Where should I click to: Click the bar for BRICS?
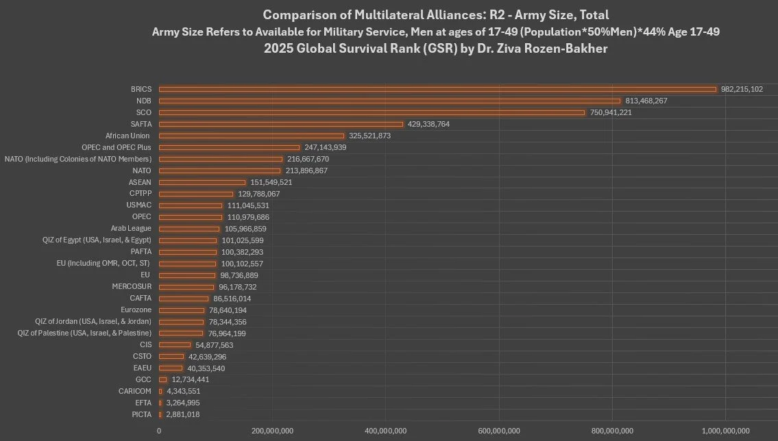point(437,89)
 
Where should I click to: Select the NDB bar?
point(389,101)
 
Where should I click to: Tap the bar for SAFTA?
point(281,124)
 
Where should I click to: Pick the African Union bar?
point(252,136)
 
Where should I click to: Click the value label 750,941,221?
point(611,112)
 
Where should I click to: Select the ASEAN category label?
point(140,182)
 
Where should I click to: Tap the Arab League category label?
point(131,229)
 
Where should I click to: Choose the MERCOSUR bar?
point(186,287)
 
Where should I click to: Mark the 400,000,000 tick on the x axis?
point(386,431)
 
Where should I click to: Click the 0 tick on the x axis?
point(159,431)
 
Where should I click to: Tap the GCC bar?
point(163,379)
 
